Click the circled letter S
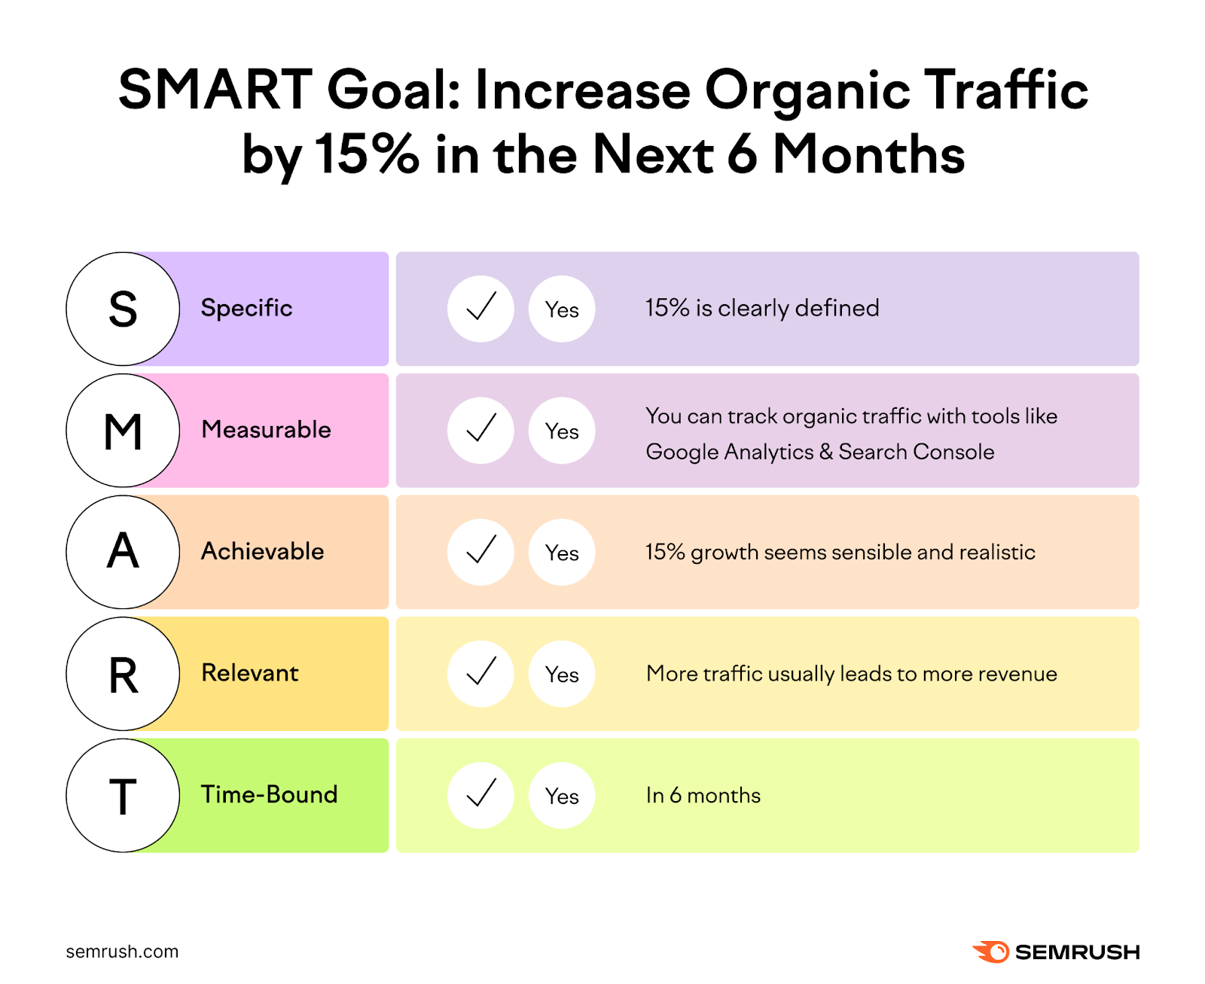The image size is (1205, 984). click(x=123, y=309)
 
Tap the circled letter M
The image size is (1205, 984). click(x=123, y=431)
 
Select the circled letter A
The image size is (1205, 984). click(x=123, y=552)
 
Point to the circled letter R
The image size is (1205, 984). click(x=123, y=674)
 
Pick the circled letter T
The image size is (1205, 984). click(x=123, y=796)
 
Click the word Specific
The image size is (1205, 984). click(x=246, y=308)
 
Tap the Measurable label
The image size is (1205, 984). click(x=266, y=430)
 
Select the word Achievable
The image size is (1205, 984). click(x=262, y=552)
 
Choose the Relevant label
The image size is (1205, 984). click(x=250, y=673)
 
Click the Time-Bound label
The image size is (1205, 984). click(x=269, y=795)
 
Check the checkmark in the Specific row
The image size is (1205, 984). click(x=480, y=309)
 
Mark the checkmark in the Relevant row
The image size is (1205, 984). click(x=480, y=674)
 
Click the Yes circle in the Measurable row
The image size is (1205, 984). click(x=562, y=431)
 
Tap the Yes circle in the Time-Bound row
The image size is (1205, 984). click(x=562, y=796)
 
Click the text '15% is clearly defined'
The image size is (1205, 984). click(x=762, y=308)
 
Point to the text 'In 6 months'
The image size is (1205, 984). click(x=703, y=796)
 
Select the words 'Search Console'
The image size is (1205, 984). click(x=917, y=452)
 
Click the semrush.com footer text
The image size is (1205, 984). click(x=122, y=952)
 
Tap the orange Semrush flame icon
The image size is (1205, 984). click(x=992, y=952)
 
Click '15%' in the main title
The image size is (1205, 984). click(x=367, y=154)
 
